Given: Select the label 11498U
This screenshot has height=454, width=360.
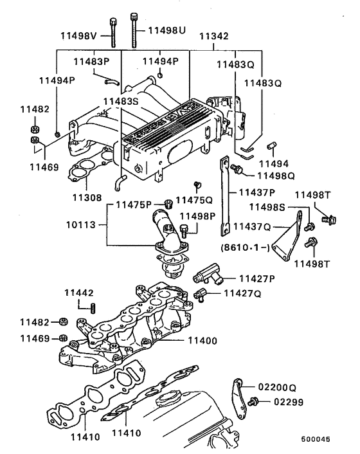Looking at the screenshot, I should click(167, 30).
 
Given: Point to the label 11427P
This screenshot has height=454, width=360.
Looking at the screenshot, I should click(257, 278).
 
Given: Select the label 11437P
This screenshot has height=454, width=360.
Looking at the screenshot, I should click(257, 192).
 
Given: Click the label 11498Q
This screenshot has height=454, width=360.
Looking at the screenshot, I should click(276, 174).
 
